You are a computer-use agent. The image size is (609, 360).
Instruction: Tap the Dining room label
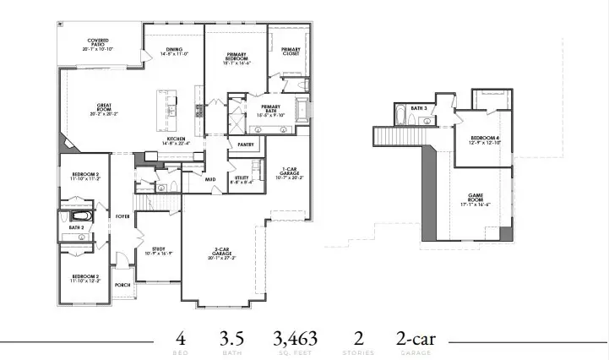point(173,51)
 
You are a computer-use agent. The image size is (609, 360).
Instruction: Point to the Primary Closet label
point(291,51)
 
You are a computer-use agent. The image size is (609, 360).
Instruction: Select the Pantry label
point(246,145)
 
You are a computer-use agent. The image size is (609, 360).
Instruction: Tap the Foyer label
point(122,216)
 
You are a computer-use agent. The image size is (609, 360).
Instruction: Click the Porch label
point(122,285)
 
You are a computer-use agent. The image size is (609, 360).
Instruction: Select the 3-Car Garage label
point(224,253)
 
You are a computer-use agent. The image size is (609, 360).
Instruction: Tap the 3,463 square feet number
point(295,339)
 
